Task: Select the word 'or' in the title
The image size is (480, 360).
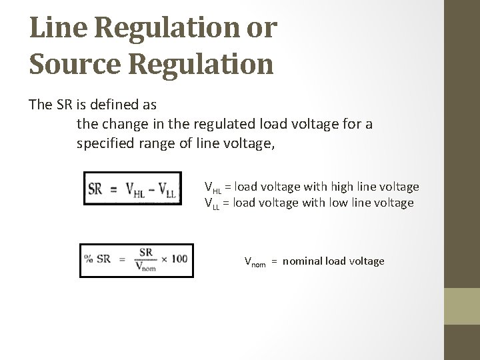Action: point(263,31)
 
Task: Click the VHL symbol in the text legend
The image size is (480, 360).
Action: point(213,187)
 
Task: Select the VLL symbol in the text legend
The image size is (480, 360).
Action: point(212,203)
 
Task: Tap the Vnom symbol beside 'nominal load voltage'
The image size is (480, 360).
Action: point(255,261)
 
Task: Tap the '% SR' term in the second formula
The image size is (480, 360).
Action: point(97,259)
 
